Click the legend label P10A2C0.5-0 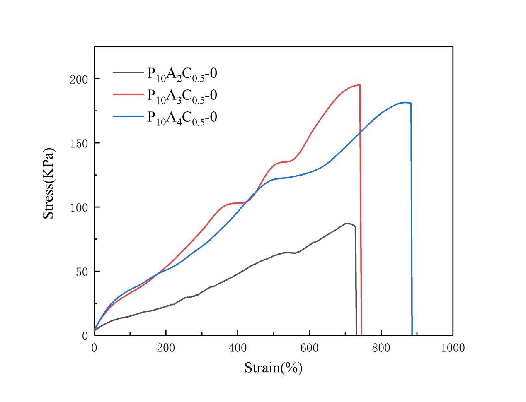[182, 74]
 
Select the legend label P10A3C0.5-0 [182, 96]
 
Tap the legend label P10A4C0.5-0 [182, 118]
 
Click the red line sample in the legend [128, 94]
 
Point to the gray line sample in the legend [128, 72]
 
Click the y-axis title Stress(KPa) [49, 184]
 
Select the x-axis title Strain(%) [273, 367]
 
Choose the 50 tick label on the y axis [81, 272]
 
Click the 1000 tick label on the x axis [452, 348]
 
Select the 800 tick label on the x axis [381, 348]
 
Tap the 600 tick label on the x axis [309, 348]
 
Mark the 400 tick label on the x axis [238, 348]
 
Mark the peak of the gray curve [347, 224]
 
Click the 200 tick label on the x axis [166, 348]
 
